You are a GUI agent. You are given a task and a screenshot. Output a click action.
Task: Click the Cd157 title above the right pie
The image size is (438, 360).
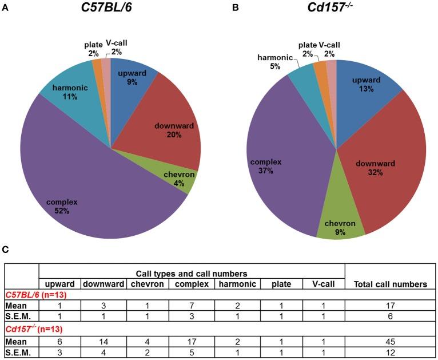click(337, 11)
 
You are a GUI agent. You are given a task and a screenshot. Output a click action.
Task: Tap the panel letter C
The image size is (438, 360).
click(5, 249)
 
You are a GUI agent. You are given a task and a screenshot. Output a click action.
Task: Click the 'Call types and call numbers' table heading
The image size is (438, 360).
click(192, 274)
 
